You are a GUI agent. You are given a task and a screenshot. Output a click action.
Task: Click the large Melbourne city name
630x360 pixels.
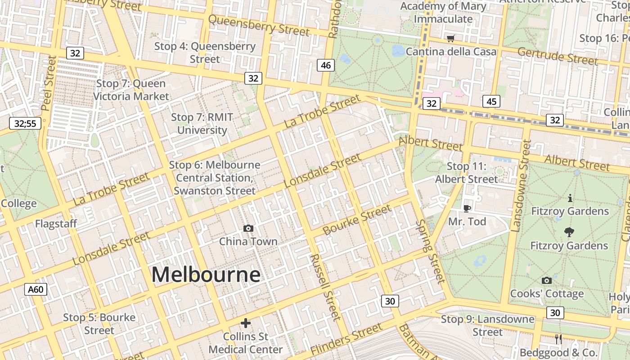pos(206,274)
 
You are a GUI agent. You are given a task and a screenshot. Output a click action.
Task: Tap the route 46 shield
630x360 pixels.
pos(326,65)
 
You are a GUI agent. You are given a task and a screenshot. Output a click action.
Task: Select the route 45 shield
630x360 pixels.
pos(491,101)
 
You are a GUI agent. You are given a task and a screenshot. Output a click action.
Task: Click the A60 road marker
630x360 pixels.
pos(36,289)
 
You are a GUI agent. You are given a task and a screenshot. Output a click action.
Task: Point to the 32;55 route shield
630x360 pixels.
pos(25,123)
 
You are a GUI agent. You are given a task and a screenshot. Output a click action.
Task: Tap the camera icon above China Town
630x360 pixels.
pos(248,229)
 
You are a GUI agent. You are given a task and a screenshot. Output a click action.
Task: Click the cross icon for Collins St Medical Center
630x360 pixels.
pos(245,323)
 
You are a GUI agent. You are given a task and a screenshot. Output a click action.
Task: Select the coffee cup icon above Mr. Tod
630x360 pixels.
pos(467,208)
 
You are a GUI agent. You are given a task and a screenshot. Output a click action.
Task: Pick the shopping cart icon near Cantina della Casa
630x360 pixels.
pos(450,39)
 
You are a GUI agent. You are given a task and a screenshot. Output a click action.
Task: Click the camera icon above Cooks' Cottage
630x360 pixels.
pos(547,281)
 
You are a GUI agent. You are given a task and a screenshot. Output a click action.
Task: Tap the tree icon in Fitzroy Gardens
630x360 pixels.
pos(569,232)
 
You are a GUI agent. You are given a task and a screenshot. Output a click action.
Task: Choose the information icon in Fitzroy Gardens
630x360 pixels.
pos(570,198)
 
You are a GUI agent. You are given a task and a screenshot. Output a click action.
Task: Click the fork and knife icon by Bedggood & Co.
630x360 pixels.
pos(558,339)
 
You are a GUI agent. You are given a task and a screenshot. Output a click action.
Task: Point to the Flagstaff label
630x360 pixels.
pos(56,223)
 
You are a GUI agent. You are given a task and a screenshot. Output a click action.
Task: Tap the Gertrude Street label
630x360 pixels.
pos(557,56)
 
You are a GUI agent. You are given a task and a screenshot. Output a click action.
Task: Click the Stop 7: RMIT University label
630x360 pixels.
pos(202,124)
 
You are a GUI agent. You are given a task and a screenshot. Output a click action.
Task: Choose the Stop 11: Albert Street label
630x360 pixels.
pos(467,173)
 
